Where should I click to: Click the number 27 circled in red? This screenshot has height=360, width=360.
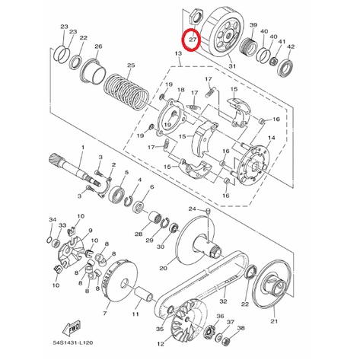pos(193,40)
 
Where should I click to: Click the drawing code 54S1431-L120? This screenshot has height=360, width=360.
pos(73,342)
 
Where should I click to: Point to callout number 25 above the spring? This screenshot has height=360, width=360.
pos(131,65)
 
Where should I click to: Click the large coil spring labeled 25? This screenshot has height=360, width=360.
pos(126,91)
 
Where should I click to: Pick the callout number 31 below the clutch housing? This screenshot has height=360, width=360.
pos(232,66)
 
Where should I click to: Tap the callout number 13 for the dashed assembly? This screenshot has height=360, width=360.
pos(178,53)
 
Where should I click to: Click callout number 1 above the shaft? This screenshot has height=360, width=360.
pos(82,147)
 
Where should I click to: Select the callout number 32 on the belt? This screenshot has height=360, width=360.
pos(223,301)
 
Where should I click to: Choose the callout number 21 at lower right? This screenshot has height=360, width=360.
pos(274,321)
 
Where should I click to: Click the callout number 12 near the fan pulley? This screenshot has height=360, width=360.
pos(161,344)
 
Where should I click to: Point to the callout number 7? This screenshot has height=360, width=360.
pos(105,314)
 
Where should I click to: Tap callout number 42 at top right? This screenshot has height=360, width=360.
pos(291,46)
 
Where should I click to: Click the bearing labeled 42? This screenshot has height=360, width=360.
pos(286,68)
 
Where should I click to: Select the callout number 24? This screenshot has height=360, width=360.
pos(193,209)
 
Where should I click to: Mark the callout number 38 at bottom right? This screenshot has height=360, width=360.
pos(241,328)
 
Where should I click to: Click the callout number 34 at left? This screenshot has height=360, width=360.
pos(53,219)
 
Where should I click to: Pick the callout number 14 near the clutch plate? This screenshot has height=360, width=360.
pos(271,138)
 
